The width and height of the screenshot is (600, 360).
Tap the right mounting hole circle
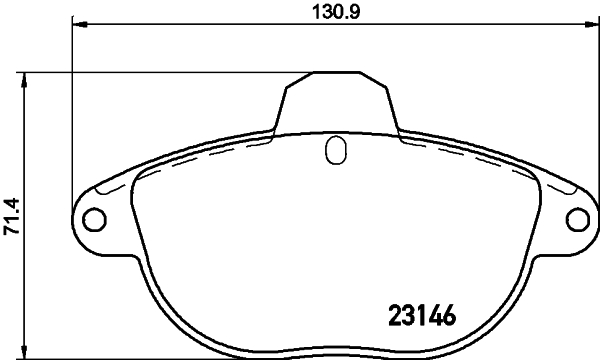pyautogui.click(x=577, y=218)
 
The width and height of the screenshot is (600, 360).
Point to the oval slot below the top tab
pyautogui.click(x=337, y=152)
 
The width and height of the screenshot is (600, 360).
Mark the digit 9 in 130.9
pyautogui.click(x=355, y=11)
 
